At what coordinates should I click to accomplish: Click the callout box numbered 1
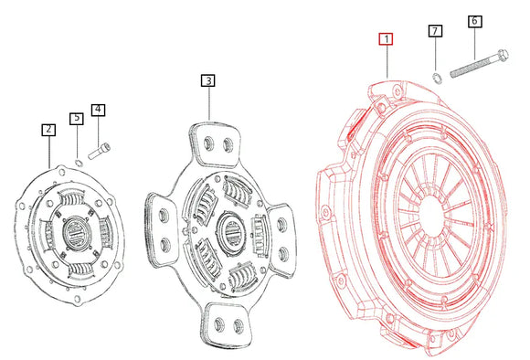[387, 39]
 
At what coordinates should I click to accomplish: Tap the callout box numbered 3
[209, 81]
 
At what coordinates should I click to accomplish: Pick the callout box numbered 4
[98, 110]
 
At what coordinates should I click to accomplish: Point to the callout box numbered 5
[77, 118]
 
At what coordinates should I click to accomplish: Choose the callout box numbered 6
[474, 20]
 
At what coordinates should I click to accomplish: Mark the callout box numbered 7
[435, 32]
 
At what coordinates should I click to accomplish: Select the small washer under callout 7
[437, 75]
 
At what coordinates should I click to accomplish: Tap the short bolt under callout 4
[102, 145]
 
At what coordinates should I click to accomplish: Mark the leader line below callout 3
[209, 103]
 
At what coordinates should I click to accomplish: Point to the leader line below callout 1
[387, 62]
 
